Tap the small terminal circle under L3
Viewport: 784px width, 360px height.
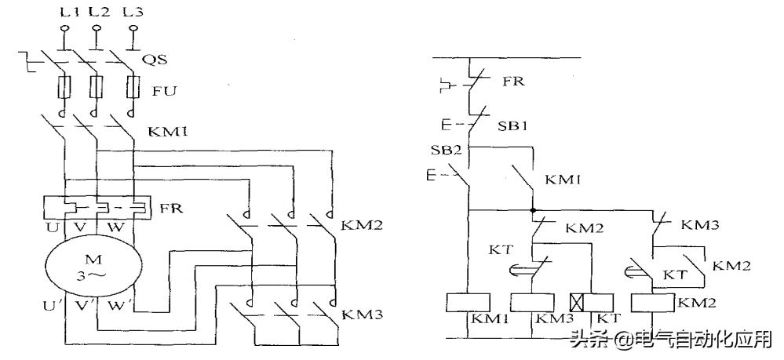coord(133,30)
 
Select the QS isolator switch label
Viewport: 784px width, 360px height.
coord(155,60)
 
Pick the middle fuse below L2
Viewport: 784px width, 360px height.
coord(96,87)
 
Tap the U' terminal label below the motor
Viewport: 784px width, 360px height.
coord(56,305)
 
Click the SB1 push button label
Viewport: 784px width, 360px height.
coord(512,125)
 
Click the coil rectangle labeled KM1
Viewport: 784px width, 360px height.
coord(468,303)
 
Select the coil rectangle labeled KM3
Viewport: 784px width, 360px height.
coord(532,303)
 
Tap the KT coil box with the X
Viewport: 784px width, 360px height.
coord(592,303)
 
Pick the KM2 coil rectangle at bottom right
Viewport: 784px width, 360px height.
coord(654,303)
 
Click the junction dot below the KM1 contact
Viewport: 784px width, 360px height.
coord(533,210)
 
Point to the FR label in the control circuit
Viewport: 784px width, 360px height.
coord(513,81)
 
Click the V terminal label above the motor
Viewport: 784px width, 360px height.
coord(81,227)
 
